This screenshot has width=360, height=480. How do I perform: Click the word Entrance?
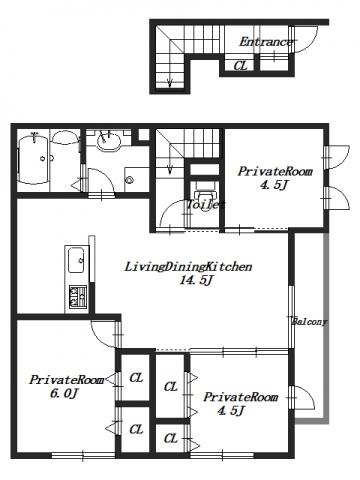pyautogui.click(x=266, y=42)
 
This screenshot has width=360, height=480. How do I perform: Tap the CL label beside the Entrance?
pyautogui.click(x=241, y=66)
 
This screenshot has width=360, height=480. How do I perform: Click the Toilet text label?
pyautogui.click(x=205, y=204)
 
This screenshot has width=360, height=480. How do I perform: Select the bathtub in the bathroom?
pyautogui.click(x=33, y=159)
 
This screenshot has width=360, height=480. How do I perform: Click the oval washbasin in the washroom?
pyautogui.click(x=109, y=141)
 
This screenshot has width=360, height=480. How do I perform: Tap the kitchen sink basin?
pyautogui.click(x=76, y=261)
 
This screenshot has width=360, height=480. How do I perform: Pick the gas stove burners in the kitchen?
pyautogui.click(x=78, y=296)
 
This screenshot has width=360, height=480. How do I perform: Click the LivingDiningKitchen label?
pyautogui.click(x=188, y=267)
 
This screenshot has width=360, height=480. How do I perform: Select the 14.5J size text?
pyautogui.click(x=196, y=281)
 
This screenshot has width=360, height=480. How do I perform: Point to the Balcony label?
pyautogui.click(x=310, y=322)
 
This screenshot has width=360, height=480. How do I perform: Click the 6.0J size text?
pyautogui.click(x=65, y=394)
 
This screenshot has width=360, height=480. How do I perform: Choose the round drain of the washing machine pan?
pyautogui.click(x=129, y=180)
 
